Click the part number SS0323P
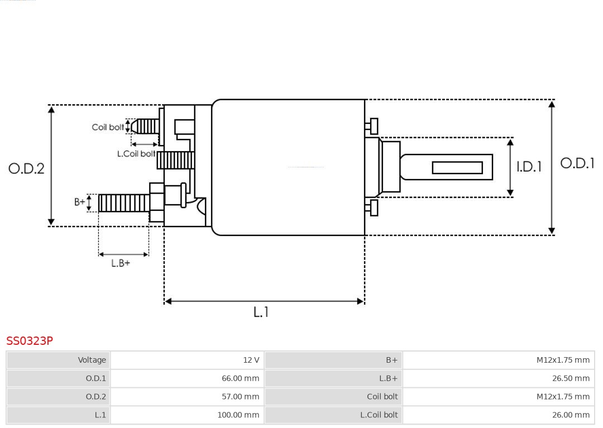click(x=30, y=341)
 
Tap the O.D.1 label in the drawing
click(x=577, y=163)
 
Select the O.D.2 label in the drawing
click(x=26, y=169)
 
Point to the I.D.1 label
click(x=528, y=167)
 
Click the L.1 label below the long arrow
click(x=261, y=312)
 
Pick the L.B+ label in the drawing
click(x=121, y=263)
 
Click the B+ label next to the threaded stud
click(x=80, y=202)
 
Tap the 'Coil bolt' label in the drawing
click(x=108, y=127)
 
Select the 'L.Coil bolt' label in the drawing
click(x=136, y=154)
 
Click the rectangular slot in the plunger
click(x=457, y=167)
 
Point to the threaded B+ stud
click(x=123, y=203)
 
